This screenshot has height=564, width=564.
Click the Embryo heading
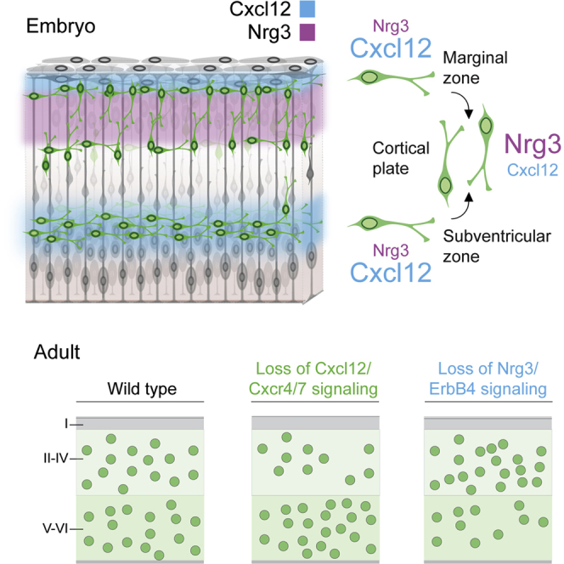tap(59, 25)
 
